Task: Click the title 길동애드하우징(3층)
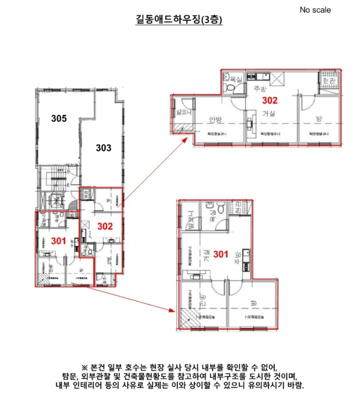tap(180, 20)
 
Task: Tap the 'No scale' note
tap(315, 10)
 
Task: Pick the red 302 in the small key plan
tap(105, 226)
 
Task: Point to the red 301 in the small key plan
tap(58, 240)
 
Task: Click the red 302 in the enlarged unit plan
tap(270, 100)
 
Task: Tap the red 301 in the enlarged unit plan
tap(220, 254)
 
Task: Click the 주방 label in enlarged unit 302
tap(259, 89)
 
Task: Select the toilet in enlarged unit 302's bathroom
tap(230, 89)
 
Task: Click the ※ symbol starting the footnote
tap(85, 366)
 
